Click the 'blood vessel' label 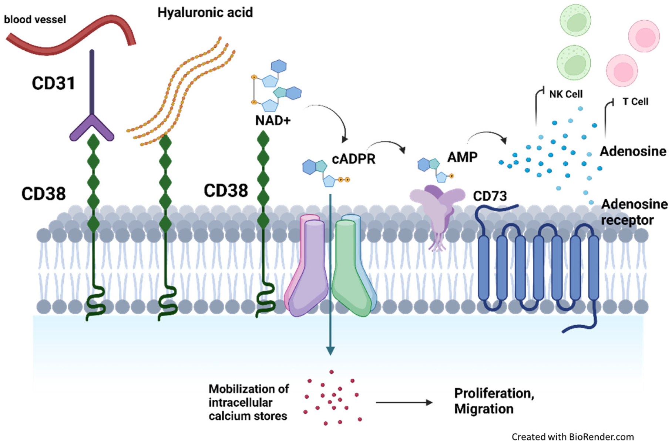[x=35, y=19]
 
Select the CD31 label [x=53, y=83]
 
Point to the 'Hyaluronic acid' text [x=205, y=12]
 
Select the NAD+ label [x=273, y=120]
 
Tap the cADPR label [x=353, y=159]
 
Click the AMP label [x=462, y=157]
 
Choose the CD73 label [x=490, y=196]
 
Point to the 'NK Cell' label [x=566, y=94]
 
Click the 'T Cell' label [x=635, y=101]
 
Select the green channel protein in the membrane [x=350, y=266]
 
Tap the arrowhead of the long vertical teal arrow [x=330, y=351]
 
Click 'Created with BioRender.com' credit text [x=572, y=437]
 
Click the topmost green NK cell [x=575, y=20]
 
